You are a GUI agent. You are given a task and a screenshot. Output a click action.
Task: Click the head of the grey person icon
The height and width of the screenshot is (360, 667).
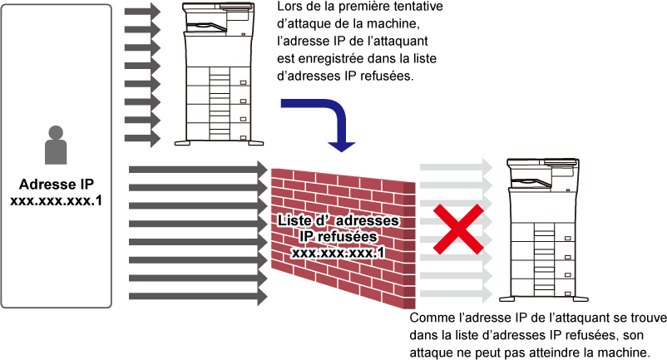click(x=56, y=132)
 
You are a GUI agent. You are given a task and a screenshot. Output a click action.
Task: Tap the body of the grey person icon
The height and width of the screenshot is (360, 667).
click(x=56, y=152)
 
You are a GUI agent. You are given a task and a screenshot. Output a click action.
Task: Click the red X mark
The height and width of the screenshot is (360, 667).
click(x=457, y=229)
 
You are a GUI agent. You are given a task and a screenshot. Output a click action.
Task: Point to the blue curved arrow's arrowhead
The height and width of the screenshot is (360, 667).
click(x=341, y=146)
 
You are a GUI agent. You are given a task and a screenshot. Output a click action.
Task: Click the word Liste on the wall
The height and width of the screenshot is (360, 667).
click(x=295, y=221)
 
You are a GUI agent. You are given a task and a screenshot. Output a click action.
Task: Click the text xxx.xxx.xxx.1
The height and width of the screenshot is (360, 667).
click(x=338, y=251)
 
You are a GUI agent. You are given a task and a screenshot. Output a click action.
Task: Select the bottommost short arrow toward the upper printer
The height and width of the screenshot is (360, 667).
click(x=142, y=138)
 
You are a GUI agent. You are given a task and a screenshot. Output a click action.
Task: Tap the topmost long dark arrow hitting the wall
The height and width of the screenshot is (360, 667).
click(x=198, y=170)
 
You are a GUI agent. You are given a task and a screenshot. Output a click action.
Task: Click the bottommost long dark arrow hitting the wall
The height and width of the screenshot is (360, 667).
click(x=198, y=297)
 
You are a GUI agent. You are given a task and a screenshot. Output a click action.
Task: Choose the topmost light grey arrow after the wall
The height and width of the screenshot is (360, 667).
click(x=456, y=167)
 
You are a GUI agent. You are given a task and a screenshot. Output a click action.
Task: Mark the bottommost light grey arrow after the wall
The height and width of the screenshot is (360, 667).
click(x=456, y=294)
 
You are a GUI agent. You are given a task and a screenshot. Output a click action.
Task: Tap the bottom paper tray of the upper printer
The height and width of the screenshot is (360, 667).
click(x=218, y=131)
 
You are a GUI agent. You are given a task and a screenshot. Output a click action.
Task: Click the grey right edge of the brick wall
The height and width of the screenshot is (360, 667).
click(x=409, y=245)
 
